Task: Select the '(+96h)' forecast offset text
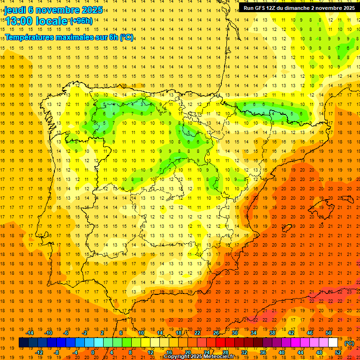click(82, 21)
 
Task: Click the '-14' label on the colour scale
click(30, 333)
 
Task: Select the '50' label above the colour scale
click(329, 333)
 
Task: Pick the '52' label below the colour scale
click(338, 352)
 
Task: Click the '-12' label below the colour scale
click(39, 352)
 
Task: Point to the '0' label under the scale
click(92, 352)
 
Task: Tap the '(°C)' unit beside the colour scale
click(349, 343)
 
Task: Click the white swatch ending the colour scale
click(333, 343)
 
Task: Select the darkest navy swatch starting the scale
click(23, 343)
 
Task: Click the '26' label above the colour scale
click(216, 333)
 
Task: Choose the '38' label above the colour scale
click(272, 333)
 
